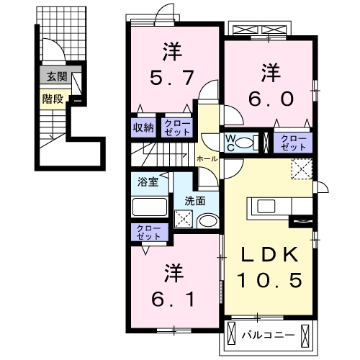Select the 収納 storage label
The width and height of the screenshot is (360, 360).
(x=143, y=127)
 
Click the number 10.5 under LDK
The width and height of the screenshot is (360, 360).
(x=271, y=279)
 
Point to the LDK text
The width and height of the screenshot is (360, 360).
(x=270, y=256)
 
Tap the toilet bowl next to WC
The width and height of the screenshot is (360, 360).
(x=247, y=142)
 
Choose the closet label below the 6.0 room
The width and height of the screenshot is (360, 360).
(x=292, y=140)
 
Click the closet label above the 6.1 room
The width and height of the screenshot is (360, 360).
(x=146, y=232)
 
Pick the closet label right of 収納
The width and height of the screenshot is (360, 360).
(x=176, y=127)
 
